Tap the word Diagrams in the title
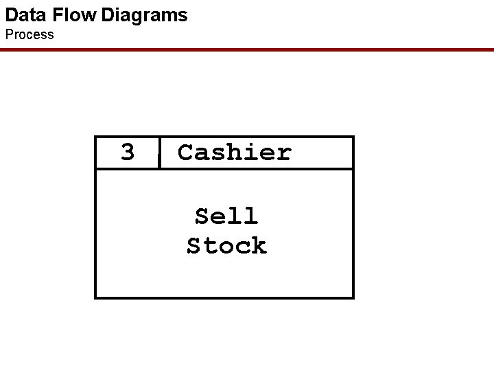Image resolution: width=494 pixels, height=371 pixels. coord(144,15)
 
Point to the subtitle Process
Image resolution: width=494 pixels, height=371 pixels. coord(30,34)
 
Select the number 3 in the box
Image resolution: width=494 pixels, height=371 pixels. coord(128,152)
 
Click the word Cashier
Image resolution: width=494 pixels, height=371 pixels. coord(235,152)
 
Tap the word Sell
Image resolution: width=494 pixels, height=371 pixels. coord(226,216)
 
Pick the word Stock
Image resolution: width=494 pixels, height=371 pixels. coord(226,245)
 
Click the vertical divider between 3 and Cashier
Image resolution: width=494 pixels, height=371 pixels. coord(159,153)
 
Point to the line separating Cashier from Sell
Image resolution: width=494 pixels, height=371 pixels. coord(224,169)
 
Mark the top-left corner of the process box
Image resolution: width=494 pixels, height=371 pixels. coord(95,137)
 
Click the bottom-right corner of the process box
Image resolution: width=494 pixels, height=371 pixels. coord(353,297)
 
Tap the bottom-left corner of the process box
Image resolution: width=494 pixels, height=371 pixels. coord(95,297)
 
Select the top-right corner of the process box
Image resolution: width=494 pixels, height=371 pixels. coord(353,137)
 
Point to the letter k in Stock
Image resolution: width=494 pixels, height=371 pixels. coord(259,245)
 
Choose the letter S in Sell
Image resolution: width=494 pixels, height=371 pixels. coord(202,216)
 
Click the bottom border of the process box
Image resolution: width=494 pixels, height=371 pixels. coord(224,297)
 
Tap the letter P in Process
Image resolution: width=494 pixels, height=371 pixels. coord(10,34)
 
